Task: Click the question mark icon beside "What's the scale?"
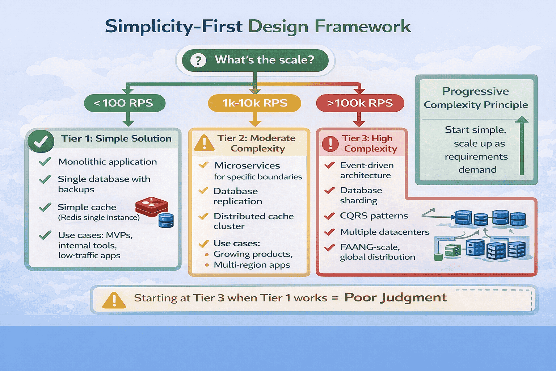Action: (198, 60)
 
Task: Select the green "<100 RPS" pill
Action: (125, 103)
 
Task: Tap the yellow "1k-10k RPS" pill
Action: (254, 103)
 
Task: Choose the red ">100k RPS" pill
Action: (360, 103)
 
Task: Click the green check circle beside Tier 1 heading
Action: (41, 141)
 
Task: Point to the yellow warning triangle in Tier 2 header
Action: (204, 143)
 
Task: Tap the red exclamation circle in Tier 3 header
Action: (330, 143)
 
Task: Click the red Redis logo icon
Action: (152, 207)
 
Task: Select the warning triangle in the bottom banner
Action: (114, 300)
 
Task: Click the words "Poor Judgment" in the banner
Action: (395, 297)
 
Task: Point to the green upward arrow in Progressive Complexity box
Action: (522, 145)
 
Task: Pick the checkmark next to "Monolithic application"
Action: (45, 162)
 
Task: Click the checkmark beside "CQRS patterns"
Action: (329, 216)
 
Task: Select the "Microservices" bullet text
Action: (247, 166)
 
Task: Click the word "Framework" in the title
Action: (363, 26)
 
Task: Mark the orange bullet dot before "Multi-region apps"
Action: (207, 265)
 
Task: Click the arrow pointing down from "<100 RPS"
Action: (128, 119)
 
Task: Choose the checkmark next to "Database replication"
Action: (203, 191)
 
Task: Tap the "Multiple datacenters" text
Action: (384, 232)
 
